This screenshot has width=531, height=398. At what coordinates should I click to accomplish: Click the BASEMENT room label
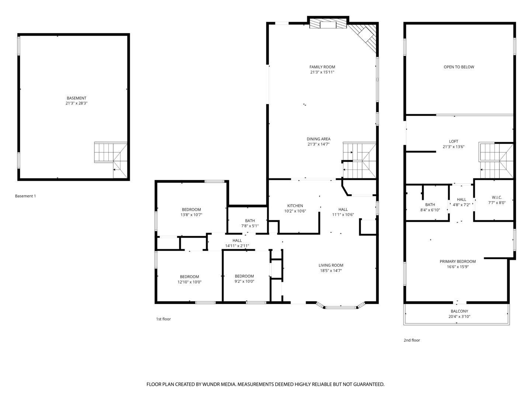[x=76, y=98]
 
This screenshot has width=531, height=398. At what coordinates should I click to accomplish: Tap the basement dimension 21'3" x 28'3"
[x=76, y=104]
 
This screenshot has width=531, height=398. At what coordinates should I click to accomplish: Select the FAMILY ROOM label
[x=322, y=67]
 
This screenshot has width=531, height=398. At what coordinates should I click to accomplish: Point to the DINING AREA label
[x=318, y=139]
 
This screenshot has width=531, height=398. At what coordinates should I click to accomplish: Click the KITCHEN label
[x=295, y=206]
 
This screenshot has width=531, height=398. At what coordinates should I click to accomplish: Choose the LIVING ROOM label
[x=331, y=265]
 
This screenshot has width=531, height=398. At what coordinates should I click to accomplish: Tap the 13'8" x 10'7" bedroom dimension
[x=191, y=215]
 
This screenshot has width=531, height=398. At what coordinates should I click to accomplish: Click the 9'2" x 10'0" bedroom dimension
[x=244, y=281]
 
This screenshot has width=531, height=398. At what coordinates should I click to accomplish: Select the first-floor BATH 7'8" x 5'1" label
[x=250, y=223]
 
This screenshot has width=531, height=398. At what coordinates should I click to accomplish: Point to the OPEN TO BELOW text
[x=459, y=67]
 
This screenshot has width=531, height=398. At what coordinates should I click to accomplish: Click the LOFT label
[x=454, y=142]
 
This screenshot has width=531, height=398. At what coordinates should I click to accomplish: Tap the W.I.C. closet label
[x=497, y=198]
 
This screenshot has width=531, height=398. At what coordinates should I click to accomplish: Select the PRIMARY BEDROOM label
[x=458, y=262]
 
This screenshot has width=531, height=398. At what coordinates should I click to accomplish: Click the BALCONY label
[x=459, y=311]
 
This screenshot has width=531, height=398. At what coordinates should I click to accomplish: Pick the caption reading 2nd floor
[x=412, y=340]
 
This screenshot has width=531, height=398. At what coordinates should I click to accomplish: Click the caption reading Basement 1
[x=25, y=196]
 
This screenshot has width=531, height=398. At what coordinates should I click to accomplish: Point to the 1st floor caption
[x=163, y=319]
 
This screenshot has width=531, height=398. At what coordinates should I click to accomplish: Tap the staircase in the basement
[x=111, y=160]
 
